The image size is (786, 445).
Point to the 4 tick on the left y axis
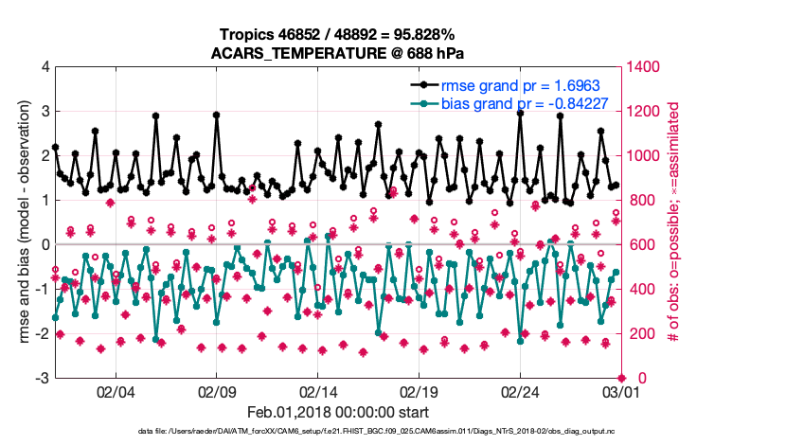click(x=45, y=67)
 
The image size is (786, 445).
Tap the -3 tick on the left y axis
click(x=42, y=379)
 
